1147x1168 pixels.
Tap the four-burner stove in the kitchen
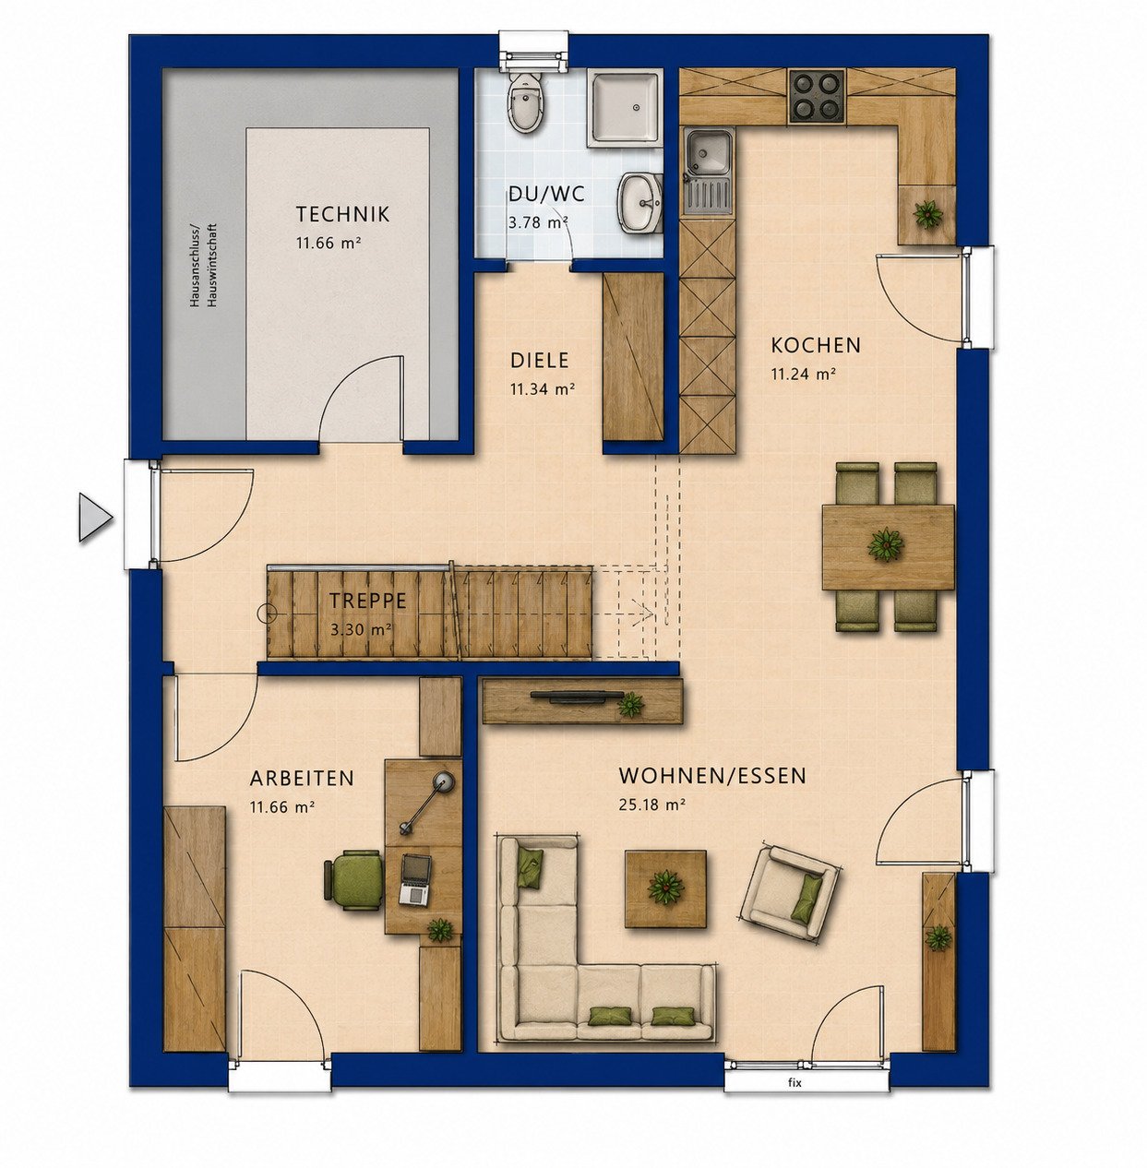tap(817, 98)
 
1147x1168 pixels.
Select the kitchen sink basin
tap(708, 151)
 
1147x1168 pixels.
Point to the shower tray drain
tap(637, 108)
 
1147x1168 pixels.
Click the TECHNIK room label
tap(342, 214)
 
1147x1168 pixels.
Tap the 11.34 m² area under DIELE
tap(542, 388)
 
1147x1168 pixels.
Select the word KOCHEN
tap(816, 345)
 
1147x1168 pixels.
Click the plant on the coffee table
tap(665, 888)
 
